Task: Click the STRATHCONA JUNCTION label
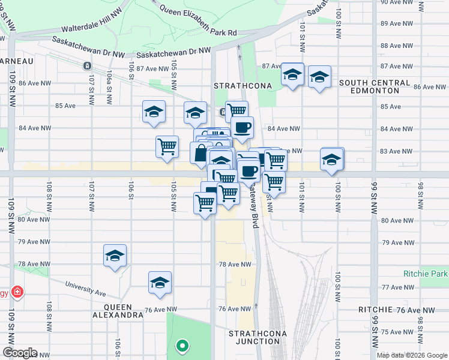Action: pos(257,337)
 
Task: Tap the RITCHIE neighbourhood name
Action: pos(375,310)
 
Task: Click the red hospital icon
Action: pos(17,293)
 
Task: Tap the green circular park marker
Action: pos(181,346)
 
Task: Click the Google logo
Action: pos(20,353)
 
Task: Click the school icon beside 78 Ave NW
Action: pos(115,256)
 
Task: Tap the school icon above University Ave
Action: pos(160,283)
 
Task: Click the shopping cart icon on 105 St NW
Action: pos(167,146)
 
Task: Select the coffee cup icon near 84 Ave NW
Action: pos(243,127)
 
